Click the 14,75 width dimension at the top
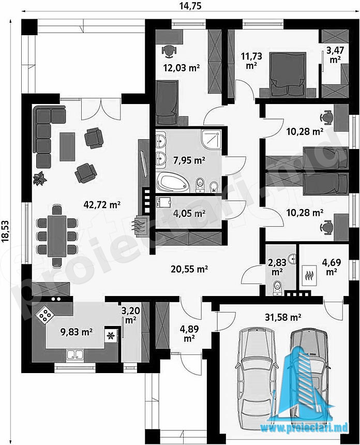190,5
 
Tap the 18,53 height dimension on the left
5,232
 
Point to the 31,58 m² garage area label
283,317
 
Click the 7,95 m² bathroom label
189,160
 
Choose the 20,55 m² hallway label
189,269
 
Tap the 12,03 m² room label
181,68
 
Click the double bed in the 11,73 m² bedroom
288,74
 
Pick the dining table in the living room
57,236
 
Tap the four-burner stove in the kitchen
45,314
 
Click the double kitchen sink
75,355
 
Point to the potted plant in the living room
39,179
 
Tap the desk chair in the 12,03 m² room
169,51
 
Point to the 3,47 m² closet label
335,55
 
